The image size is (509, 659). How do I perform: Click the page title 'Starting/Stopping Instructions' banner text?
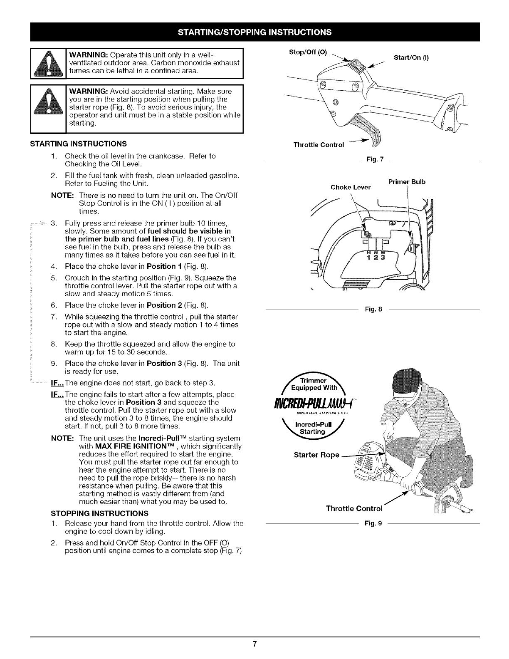point(254,32)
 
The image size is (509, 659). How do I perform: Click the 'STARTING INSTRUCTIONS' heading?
point(78,144)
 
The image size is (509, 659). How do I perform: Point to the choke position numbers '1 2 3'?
point(376,256)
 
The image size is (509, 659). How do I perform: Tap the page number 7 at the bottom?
point(254,644)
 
